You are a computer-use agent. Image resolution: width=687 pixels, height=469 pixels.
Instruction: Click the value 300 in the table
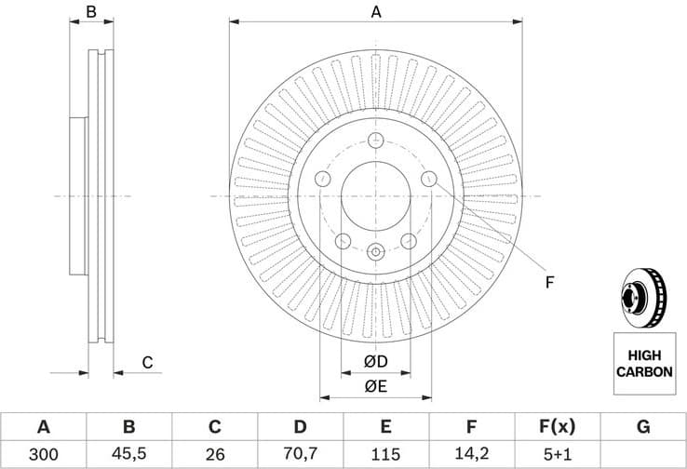pos(43,454)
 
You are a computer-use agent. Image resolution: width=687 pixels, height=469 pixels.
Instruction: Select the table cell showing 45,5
pos(128,454)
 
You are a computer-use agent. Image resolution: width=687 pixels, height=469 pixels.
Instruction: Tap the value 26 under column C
pos(214,454)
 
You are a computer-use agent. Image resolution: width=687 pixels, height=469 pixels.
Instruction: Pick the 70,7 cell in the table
pos(300,454)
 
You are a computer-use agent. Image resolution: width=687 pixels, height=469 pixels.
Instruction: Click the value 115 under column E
pos(385,454)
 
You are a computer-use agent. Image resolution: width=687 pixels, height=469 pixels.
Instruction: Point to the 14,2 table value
pos(471,454)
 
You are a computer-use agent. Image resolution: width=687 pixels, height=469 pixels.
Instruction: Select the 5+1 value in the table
pos(557,454)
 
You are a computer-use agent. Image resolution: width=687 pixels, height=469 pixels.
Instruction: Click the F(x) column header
pos(557,427)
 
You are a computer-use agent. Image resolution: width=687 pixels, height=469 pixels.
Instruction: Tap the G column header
pos(643,427)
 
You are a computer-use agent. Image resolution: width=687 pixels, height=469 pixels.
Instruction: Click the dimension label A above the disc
pos(376,12)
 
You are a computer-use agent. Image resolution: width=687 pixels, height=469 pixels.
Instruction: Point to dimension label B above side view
pos(91,12)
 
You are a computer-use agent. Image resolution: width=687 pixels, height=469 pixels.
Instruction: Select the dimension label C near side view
pos(147,363)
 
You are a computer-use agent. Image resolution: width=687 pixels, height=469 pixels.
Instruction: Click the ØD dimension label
pos(375,361)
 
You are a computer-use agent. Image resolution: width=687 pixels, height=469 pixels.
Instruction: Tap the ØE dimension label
pos(375,385)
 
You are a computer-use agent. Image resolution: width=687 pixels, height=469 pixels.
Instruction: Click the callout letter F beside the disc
pos(549,281)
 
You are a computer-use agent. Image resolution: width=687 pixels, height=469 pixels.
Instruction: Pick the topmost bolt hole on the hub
pos(376,141)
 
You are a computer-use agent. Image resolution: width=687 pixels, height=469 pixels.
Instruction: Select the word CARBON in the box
pos(643,371)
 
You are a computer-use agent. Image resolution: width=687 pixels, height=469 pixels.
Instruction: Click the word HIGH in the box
pos(643,355)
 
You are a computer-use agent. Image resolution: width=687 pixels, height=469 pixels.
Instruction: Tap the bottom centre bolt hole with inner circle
pos(376,251)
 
